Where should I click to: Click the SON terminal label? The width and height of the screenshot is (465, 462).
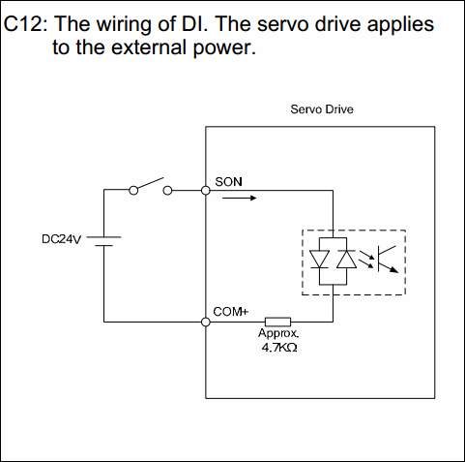coord(228,182)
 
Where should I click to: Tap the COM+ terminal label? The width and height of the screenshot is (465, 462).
coord(231,312)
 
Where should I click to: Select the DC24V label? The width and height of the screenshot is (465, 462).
coord(61,239)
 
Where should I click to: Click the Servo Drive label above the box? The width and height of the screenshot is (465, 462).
coord(322,109)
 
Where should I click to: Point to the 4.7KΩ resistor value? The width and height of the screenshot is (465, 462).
coord(279,348)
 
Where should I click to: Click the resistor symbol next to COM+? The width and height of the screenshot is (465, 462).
coord(277,322)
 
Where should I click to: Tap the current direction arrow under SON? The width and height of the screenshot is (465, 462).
coord(239,198)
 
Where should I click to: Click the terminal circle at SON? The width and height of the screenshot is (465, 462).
coord(206,191)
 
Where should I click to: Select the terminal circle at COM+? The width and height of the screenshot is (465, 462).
coord(206,322)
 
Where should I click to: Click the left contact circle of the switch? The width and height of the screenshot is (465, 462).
coord(133,191)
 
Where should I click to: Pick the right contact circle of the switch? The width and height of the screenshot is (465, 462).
coord(167,191)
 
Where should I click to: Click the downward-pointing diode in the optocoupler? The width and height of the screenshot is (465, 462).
coord(319,259)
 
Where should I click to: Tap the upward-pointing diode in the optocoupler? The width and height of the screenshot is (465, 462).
coord(346,259)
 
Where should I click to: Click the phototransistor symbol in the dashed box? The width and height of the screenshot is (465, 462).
coord(388,259)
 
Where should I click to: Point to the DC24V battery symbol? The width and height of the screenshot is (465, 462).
coord(103,241)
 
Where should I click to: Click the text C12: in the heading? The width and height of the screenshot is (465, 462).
coord(26,24)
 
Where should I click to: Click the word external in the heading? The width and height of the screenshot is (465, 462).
coord(149,47)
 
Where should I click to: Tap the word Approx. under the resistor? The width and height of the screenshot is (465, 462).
coord(278,333)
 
